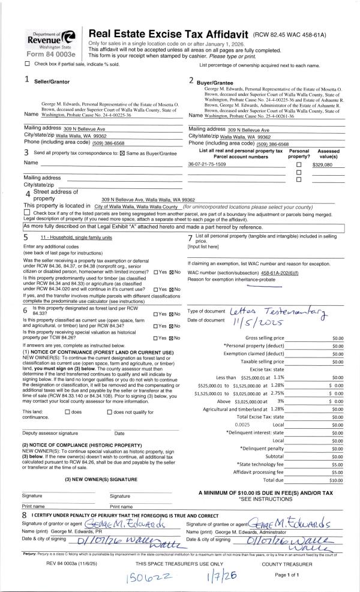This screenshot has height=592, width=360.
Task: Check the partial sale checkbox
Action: pos(27,64)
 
